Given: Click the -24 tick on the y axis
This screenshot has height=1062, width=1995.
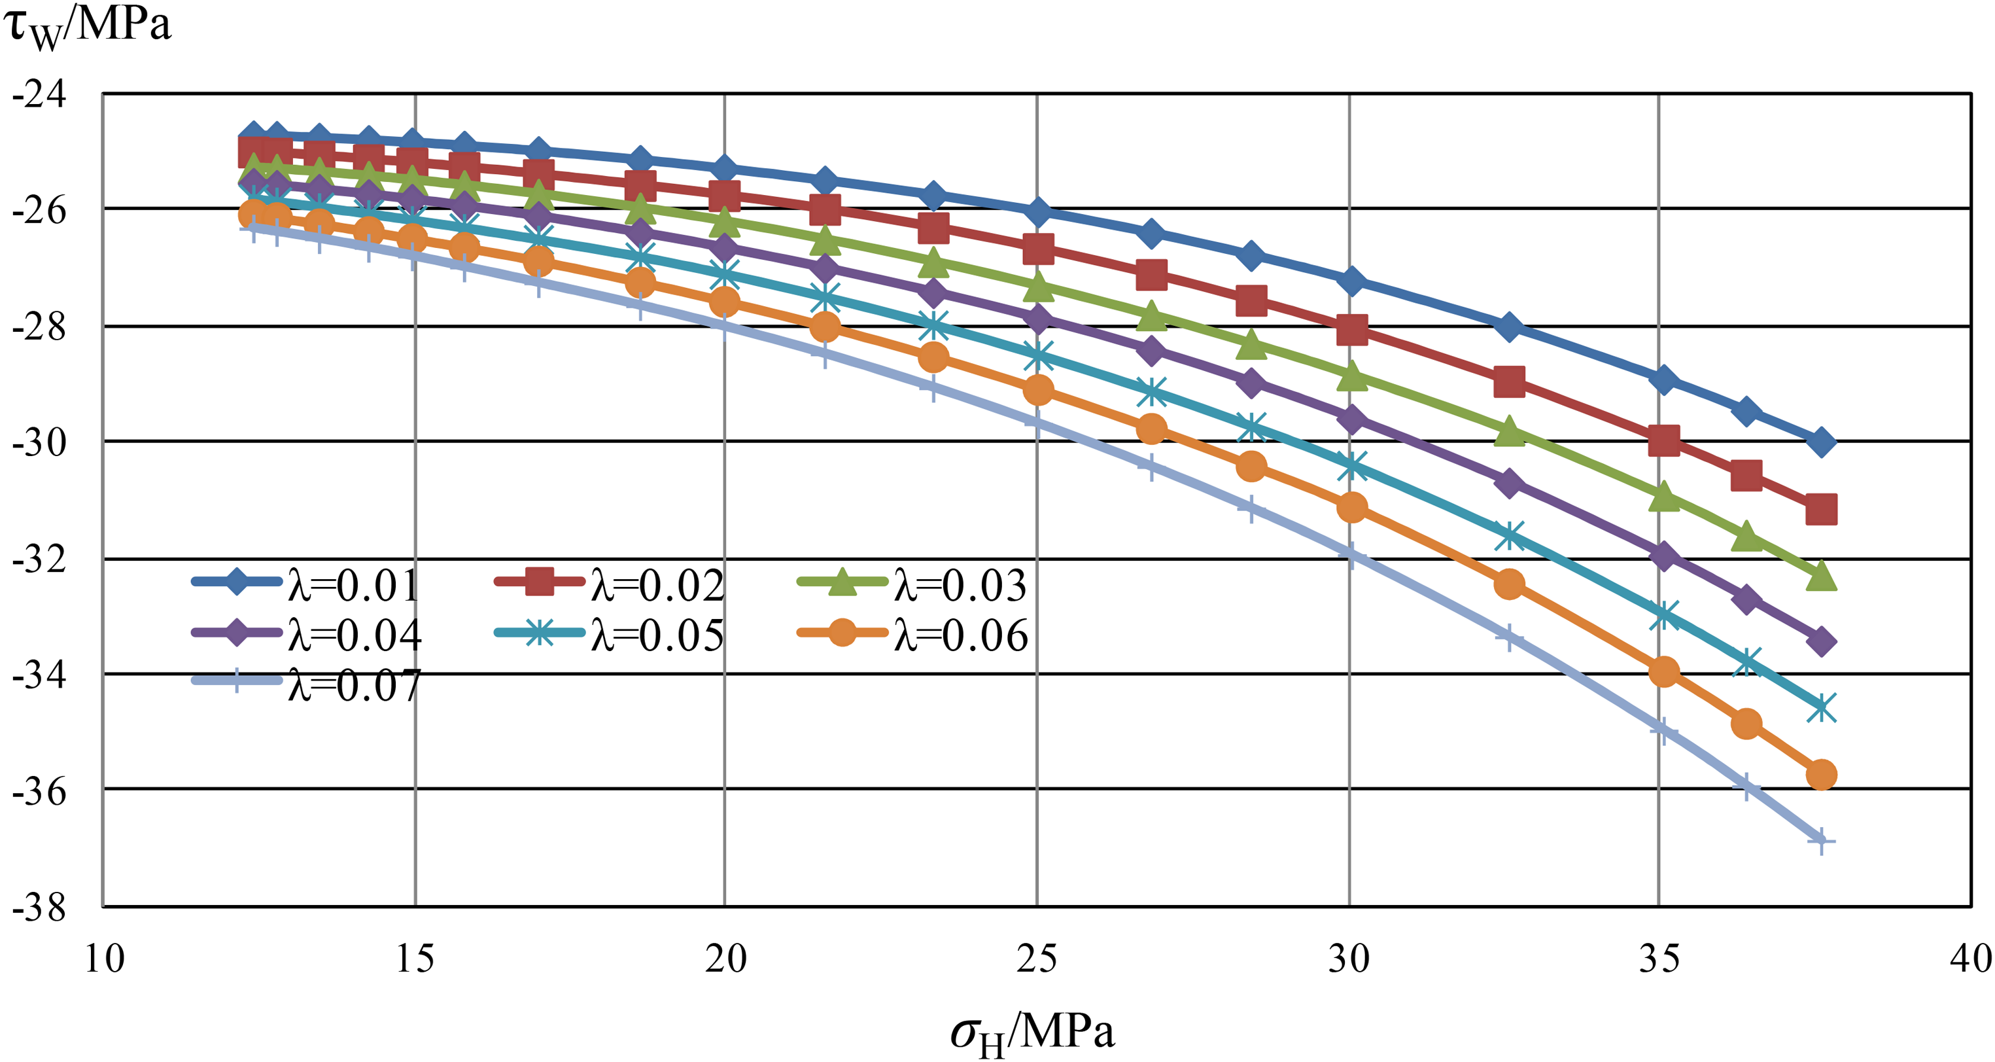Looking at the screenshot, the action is (x=39, y=94).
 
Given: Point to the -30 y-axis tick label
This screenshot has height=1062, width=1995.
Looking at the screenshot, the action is (x=39, y=442).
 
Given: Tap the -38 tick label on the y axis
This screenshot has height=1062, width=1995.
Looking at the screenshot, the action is (x=39, y=907).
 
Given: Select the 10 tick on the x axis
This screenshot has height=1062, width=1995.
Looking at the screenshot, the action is (x=104, y=959).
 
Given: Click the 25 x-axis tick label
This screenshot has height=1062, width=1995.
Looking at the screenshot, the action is (x=1036, y=959).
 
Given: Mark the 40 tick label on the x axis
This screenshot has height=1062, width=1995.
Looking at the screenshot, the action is (x=1971, y=959).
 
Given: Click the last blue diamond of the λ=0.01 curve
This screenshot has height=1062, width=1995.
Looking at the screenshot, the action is (x=1821, y=442).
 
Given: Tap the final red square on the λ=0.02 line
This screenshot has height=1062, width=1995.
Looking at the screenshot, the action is (x=1821, y=510).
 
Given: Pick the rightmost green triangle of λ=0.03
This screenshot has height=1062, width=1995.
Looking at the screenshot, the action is (x=1821, y=576).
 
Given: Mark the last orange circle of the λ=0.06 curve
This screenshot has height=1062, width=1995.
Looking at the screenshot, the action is (x=1821, y=775).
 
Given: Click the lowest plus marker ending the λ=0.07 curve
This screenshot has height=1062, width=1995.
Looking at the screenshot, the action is (x=1821, y=840).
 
